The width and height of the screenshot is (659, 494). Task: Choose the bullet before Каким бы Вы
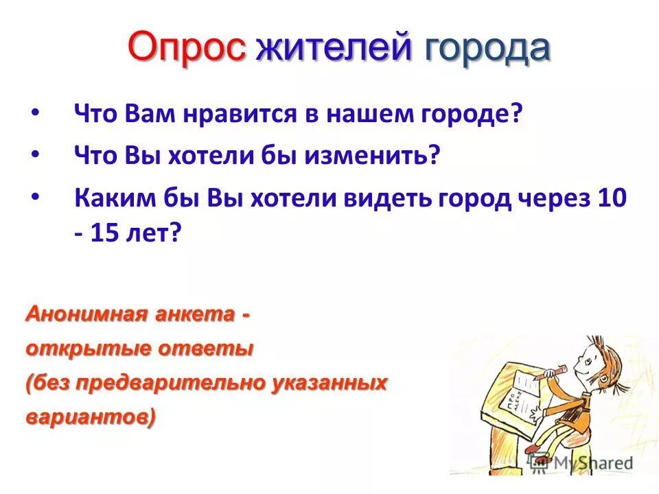click(x=36, y=196)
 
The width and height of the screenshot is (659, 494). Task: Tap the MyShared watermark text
click(x=587, y=463)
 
